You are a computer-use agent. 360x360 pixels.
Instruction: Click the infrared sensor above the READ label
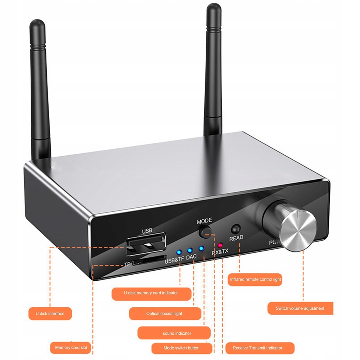click(x=235, y=229)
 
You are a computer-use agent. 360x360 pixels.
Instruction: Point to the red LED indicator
click(x=220, y=245)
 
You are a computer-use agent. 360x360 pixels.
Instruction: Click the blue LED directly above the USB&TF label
click(x=179, y=252)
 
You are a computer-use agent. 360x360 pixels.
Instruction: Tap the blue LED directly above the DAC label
click(x=190, y=251)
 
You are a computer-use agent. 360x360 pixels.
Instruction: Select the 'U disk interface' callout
click(x=50, y=313)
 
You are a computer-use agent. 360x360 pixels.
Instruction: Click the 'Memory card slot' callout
click(x=71, y=347)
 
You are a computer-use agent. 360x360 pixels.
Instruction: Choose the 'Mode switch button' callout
click(x=181, y=348)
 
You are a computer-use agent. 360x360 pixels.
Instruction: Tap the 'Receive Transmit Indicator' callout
click(x=257, y=348)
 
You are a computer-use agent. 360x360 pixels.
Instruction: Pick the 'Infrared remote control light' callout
click(x=255, y=279)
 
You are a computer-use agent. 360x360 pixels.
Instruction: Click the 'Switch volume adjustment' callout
click(x=300, y=308)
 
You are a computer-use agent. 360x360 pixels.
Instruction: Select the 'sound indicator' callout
click(x=177, y=333)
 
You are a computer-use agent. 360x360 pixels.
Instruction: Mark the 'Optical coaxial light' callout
click(x=164, y=314)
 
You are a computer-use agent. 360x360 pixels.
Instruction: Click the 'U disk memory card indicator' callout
click(x=151, y=293)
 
